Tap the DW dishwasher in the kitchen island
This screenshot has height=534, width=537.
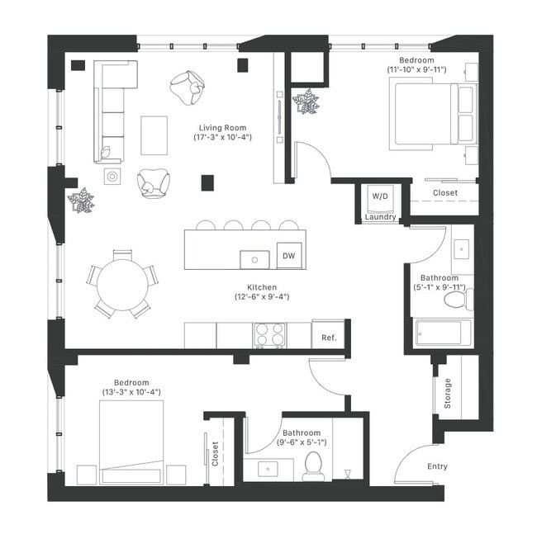(x=288, y=256)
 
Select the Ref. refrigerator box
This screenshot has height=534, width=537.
(x=328, y=336)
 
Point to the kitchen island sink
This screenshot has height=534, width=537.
(x=255, y=259)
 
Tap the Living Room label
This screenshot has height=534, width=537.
(x=225, y=127)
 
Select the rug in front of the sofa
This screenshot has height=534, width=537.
(x=154, y=135)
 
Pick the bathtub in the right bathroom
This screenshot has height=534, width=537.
(x=443, y=333)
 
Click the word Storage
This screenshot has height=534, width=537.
(x=447, y=393)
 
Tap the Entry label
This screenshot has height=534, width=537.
(x=437, y=466)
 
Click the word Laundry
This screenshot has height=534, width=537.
(x=381, y=218)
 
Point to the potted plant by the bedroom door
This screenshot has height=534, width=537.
(x=305, y=102)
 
